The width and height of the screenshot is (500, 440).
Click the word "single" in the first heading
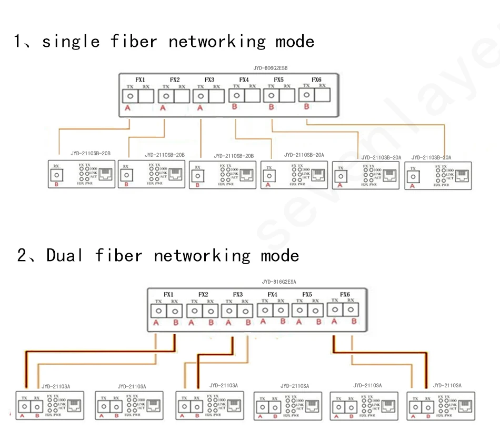(71, 42)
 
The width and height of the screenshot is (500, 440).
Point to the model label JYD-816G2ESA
(279, 282)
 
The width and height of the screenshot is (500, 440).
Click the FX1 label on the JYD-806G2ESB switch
(140, 79)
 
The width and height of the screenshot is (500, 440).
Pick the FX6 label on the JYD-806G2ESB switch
(316, 79)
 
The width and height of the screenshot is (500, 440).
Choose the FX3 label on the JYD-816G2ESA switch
(238, 295)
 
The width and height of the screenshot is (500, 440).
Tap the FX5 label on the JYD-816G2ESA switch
(307, 295)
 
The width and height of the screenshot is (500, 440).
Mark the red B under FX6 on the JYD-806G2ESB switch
(306, 107)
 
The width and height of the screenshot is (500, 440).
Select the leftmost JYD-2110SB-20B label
(91, 153)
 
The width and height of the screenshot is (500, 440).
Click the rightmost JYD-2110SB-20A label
(431, 157)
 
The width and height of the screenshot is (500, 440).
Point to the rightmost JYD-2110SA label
(447, 386)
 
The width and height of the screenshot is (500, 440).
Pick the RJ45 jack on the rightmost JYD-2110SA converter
(465, 406)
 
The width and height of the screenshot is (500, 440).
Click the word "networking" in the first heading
(217, 42)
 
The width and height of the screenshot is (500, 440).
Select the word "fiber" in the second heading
(118, 255)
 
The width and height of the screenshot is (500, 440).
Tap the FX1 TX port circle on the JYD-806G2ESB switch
(130, 96)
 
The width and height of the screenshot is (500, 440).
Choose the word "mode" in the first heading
(295, 42)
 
